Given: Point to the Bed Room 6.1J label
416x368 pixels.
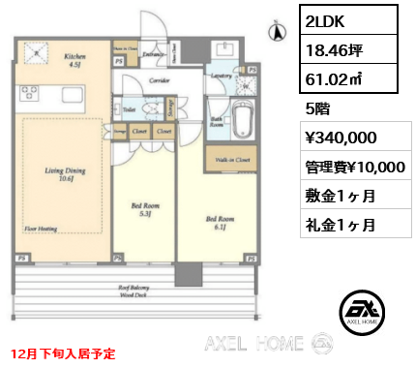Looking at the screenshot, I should (x=220, y=224).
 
